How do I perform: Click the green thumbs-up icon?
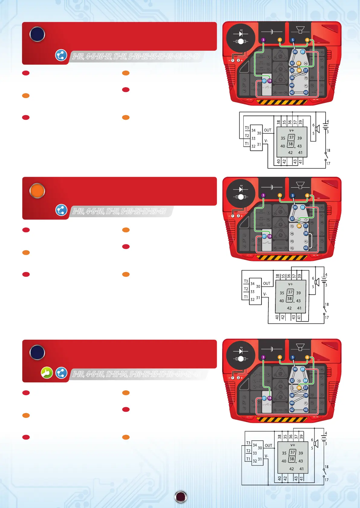coord(47,373)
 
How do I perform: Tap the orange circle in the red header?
coord(37,191)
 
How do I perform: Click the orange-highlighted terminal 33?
coord(299,63)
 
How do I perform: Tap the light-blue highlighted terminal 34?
coord(305,381)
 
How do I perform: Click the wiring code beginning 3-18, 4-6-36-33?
coord(136,56)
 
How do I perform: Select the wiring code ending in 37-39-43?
coord(119,211)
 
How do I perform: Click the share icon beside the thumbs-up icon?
coord(61,373)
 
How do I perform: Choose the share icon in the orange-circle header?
coord(61,210)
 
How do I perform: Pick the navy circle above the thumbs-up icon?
coord(37,352)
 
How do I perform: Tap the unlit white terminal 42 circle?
coord(292,248)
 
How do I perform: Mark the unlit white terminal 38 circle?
coord(292,233)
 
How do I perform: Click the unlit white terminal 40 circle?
coord(292,241)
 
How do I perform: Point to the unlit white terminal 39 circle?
coord(306,78)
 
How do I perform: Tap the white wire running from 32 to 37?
coord(299,222)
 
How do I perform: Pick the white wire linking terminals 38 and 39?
coord(299,395)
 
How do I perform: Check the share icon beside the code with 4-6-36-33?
coord(61,56)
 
